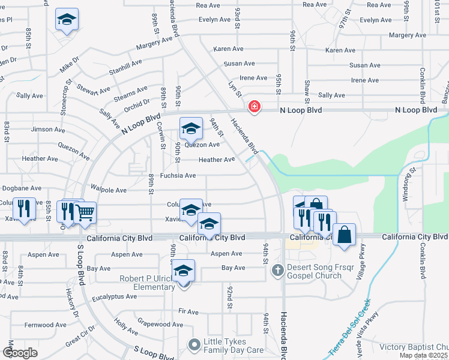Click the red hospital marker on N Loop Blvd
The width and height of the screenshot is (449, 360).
point(255,107)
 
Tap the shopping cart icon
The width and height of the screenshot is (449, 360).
point(85,212)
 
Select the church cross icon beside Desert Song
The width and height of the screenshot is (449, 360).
point(277,269)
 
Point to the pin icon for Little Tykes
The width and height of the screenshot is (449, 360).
point(193,345)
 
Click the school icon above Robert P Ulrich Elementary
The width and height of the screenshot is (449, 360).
point(184,271)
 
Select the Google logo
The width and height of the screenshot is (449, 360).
point(19,353)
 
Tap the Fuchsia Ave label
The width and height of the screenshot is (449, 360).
point(178,176)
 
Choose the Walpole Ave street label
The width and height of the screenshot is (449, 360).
point(109,190)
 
